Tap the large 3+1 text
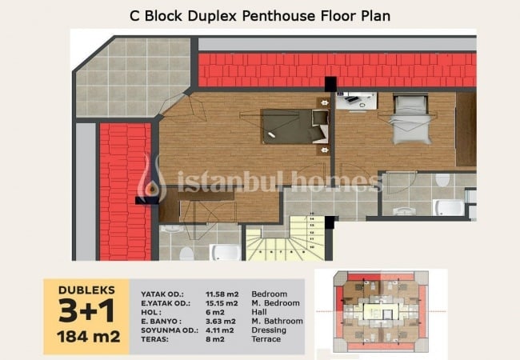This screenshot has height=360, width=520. (x=86, y=311)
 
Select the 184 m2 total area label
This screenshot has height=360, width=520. (x=89, y=337)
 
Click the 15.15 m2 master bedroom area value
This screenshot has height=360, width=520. (x=222, y=303)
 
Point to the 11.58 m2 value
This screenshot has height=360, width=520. (x=222, y=294)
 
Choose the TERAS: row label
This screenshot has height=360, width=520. (x=154, y=339)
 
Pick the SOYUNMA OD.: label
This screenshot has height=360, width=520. (x=170, y=330)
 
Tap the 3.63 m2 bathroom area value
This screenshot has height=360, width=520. (x=221, y=322)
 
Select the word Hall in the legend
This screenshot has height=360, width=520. (x=259, y=312)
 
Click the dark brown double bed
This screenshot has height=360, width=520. (x=295, y=126)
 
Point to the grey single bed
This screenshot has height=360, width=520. (x=410, y=119)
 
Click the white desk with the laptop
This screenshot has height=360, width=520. (x=356, y=101)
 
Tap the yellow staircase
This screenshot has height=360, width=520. (x=286, y=237)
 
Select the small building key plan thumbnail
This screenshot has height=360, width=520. (x=381, y=312)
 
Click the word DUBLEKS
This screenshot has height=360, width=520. (x=86, y=290)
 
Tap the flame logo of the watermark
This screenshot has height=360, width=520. (x=152, y=180)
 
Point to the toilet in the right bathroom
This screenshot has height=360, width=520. (x=442, y=180)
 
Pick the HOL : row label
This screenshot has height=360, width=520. (x=151, y=312)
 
